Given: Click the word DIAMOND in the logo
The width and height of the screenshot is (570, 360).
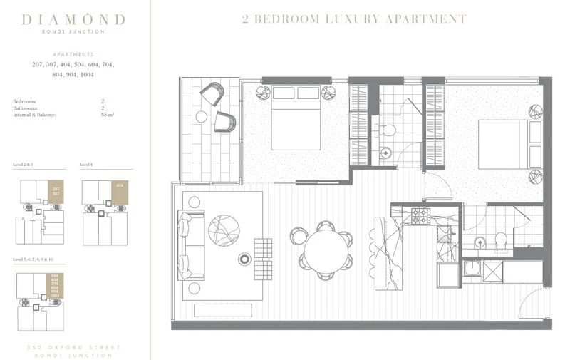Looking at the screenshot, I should point(74,19).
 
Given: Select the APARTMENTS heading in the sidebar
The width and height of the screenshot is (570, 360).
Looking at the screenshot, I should point(74,54).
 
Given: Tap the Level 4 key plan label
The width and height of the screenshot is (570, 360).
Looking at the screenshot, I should point(86,165).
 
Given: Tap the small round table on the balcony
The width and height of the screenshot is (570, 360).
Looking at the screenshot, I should point(202,116).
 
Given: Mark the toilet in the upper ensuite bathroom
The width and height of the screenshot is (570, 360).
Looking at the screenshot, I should point(388,130).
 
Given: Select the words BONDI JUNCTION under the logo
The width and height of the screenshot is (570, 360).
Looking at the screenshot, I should point(74,31).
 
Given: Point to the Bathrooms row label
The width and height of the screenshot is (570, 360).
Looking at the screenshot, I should point(26,108).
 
